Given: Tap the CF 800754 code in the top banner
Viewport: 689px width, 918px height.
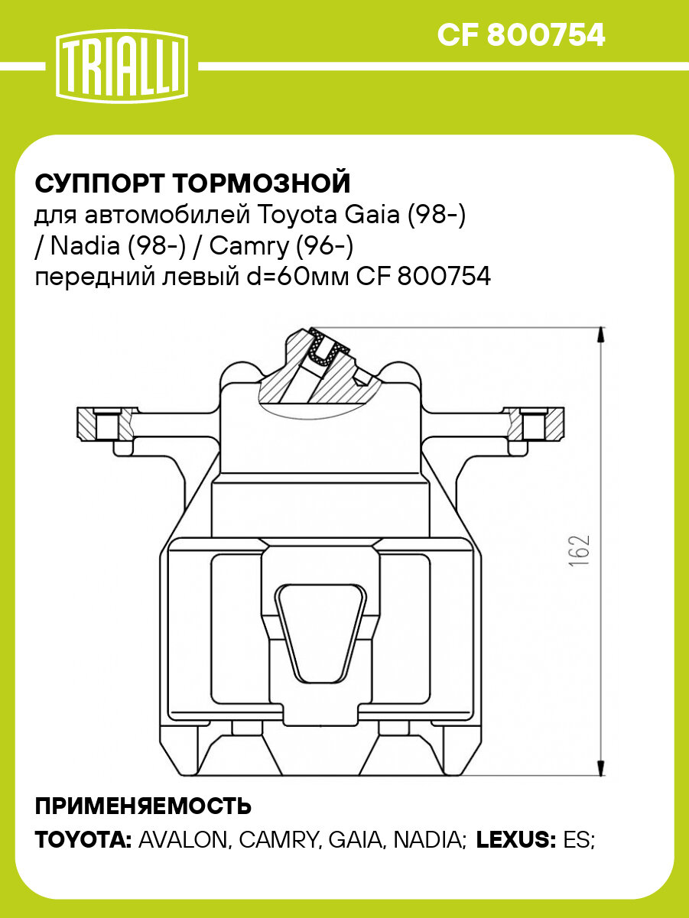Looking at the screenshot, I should click(x=521, y=34).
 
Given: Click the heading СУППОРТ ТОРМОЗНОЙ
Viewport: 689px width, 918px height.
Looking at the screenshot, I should click(x=193, y=184).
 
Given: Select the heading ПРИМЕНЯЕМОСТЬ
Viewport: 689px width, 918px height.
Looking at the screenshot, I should click(x=144, y=806).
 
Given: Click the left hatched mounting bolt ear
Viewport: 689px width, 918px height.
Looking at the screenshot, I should click(x=106, y=423).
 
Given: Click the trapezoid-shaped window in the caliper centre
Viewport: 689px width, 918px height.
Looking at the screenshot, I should click(x=320, y=632).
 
